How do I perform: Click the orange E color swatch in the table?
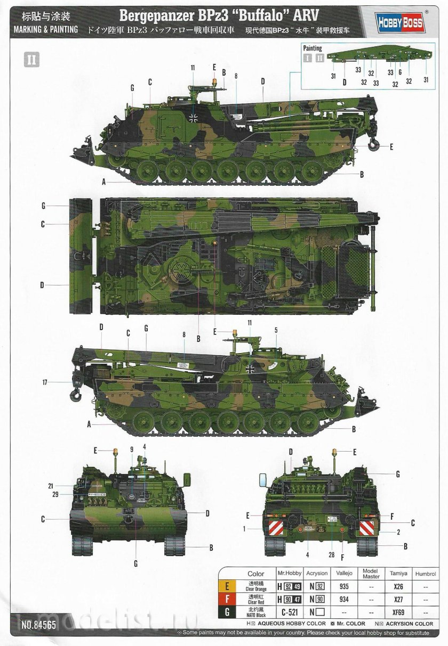pos(228,587)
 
